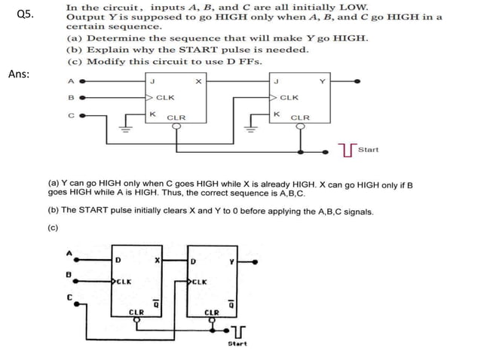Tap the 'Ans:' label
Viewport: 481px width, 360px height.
coord(20,74)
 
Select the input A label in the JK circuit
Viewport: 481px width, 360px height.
coord(71,81)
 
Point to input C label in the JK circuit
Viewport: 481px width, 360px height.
coord(71,115)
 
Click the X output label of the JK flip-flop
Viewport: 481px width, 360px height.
coord(198,81)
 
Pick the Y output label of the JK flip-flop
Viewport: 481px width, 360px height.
coord(322,81)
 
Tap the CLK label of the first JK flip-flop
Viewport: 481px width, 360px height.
coord(165,97)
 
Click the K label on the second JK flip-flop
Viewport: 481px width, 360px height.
coord(276,114)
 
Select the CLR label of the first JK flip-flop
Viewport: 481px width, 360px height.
coord(176,117)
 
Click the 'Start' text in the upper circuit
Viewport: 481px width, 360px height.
coord(369,149)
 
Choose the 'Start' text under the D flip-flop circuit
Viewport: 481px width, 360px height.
coord(237,343)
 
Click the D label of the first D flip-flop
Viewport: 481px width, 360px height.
coord(118,261)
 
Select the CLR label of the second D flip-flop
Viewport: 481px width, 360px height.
coord(212,311)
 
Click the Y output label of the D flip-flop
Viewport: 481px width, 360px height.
coord(232,261)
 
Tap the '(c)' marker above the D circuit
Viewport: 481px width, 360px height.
coord(53,227)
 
